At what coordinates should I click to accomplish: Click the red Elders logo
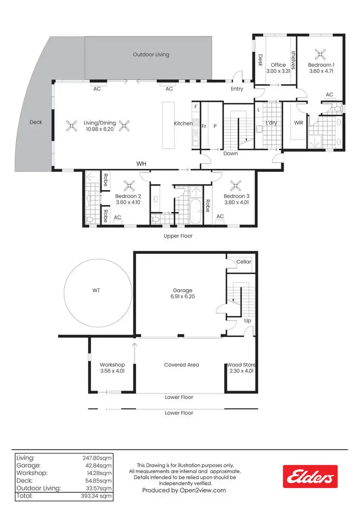310,476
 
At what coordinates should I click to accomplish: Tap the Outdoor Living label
151,55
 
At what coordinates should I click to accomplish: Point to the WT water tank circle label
96,290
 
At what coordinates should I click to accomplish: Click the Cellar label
244,262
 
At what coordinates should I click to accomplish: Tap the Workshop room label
112,365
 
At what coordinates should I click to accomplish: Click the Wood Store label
240,365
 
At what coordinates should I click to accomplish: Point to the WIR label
299,123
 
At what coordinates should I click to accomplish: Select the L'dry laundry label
272,123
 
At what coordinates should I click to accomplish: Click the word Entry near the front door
237,89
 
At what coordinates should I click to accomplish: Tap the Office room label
278,65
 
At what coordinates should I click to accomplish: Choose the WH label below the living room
141,164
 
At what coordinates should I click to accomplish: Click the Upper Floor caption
178,236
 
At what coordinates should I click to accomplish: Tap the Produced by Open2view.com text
184,490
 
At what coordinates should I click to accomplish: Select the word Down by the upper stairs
230,154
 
